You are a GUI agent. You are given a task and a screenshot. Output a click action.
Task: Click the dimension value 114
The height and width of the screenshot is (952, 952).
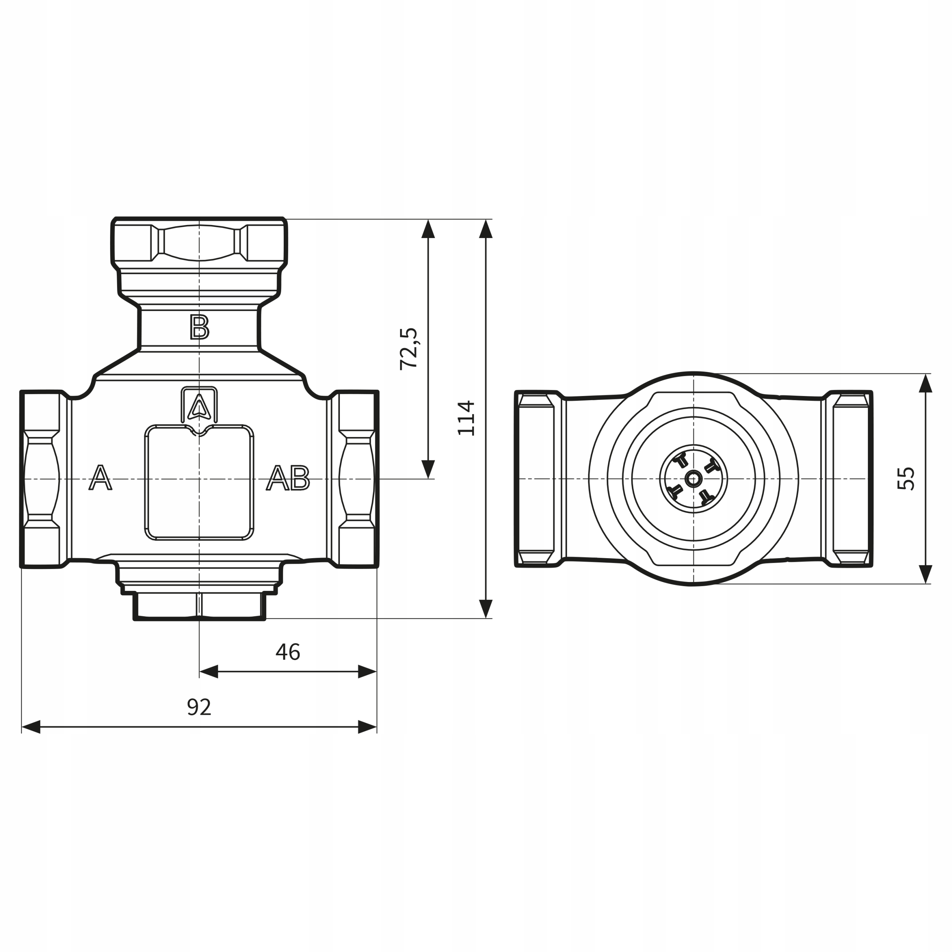coord(466,418)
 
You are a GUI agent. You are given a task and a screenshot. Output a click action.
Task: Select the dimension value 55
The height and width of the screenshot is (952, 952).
coord(906,479)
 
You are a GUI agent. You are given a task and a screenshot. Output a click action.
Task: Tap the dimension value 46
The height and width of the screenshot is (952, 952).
coord(288,652)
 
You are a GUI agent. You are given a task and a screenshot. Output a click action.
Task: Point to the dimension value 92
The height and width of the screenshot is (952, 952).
coord(199,707)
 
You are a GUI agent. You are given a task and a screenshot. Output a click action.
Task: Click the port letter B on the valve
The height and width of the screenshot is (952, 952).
coord(200,327)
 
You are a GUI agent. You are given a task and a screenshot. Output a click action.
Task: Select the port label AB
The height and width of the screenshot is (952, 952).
coord(288,478)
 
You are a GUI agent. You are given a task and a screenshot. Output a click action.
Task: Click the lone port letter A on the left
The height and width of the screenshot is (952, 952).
coord(100,477)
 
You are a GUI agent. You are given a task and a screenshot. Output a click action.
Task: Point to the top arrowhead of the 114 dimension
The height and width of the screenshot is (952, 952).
coord(486,229)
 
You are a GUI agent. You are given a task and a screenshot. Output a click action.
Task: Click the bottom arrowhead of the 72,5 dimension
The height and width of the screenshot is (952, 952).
coord(428,469)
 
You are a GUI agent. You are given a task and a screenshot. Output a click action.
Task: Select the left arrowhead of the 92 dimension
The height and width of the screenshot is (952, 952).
coord(31,727)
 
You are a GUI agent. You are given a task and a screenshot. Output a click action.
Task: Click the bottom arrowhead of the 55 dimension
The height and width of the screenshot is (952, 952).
coord(926,574)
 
